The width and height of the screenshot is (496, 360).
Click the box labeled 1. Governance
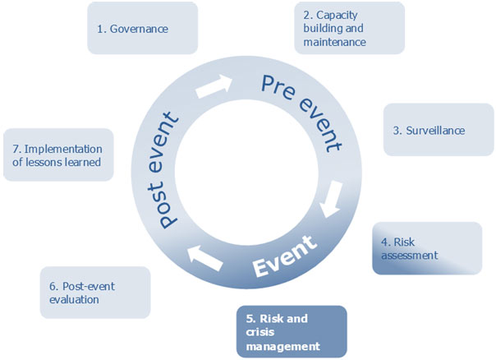tap(142, 29)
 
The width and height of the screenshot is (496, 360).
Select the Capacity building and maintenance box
tap(349, 29)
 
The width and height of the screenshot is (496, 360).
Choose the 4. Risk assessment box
tap(427, 248)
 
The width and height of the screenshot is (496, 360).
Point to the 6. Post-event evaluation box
tap(95, 293)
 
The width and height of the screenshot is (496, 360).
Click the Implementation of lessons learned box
tap(58, 155)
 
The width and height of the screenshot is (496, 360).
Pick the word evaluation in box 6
tap(75, 299)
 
